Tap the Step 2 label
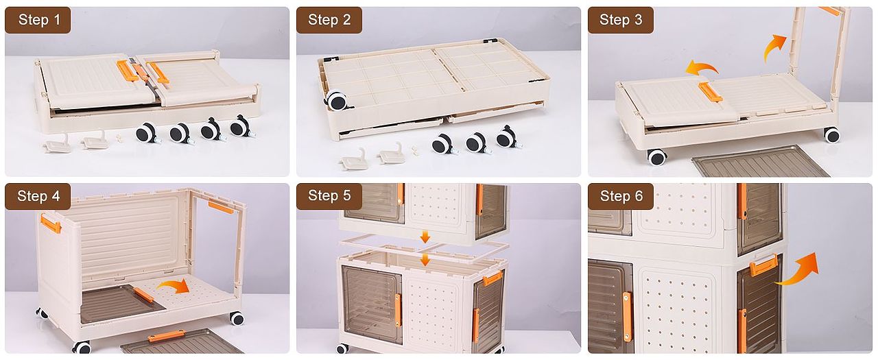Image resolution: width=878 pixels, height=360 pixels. (x=329, y=20)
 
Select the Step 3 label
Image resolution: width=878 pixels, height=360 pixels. (x=621, y=20)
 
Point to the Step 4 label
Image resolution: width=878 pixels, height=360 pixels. (x=38, y=196)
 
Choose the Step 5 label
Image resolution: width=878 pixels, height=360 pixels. (x=329, y=195)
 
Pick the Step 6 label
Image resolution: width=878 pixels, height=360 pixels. (x=621, y=196)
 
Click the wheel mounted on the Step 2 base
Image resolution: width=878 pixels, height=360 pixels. (x=336, y=101)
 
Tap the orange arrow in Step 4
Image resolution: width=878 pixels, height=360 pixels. (x=174, y=286)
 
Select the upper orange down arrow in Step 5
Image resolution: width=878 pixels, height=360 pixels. (x=425, y=237)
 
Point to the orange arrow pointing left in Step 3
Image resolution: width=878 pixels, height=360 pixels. (x=700, y=68)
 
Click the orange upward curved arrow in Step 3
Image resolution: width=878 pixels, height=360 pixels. (x=773, y=47)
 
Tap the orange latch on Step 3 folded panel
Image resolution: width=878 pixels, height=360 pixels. (x=710, y=92)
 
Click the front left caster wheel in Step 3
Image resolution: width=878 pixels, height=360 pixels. (x=656, y=157)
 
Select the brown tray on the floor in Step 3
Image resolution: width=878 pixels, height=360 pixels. (x=761, y=161)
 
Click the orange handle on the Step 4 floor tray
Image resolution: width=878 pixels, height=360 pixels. (x=166, y=336)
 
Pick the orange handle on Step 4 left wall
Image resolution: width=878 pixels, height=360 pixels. (x=51, y=224)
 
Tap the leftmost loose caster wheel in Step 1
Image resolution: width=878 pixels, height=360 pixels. (x=147, y=133)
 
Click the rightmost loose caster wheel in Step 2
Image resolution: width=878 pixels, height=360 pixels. (x=508, y=137)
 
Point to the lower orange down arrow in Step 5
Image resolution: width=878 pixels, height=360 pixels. (x=425, y=259)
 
